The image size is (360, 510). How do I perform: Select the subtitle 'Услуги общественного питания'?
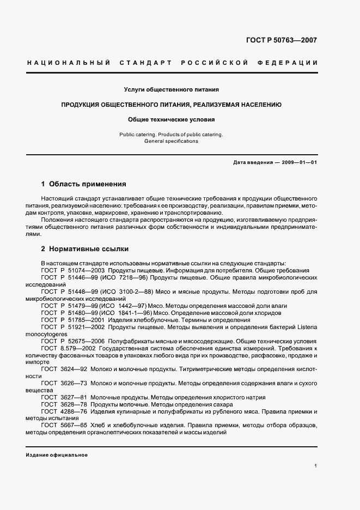[x=172, y=89]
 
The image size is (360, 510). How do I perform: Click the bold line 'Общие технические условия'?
[x=172, y=119]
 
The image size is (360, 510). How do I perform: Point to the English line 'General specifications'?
[x=171, y=141]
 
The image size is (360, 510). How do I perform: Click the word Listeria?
[x=306, y=327]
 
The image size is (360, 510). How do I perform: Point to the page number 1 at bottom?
[x=315, y=466]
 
